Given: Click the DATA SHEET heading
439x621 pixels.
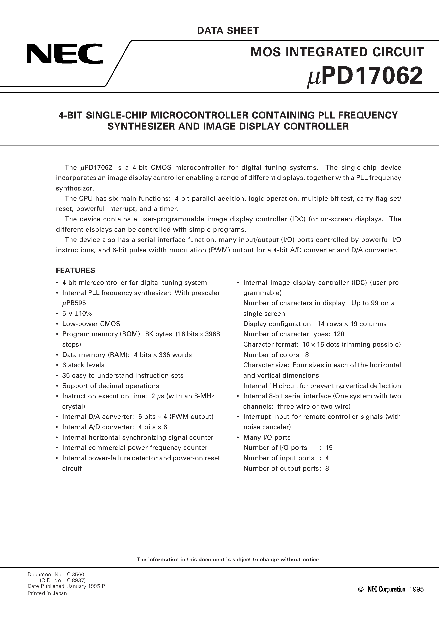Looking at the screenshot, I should pos(228,31).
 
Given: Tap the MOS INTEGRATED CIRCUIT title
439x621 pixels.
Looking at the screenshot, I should pos(337,52).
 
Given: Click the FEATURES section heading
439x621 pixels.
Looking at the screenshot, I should pos(75,270).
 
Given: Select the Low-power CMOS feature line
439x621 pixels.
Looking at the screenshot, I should pos(91,324).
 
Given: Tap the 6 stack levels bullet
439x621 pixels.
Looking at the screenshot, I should pos(83,365).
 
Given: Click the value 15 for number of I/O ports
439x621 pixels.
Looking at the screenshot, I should pos(329,448).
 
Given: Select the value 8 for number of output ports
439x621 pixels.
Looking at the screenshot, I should pos(327,469).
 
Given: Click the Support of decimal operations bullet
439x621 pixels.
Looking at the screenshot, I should pos(110,386).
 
